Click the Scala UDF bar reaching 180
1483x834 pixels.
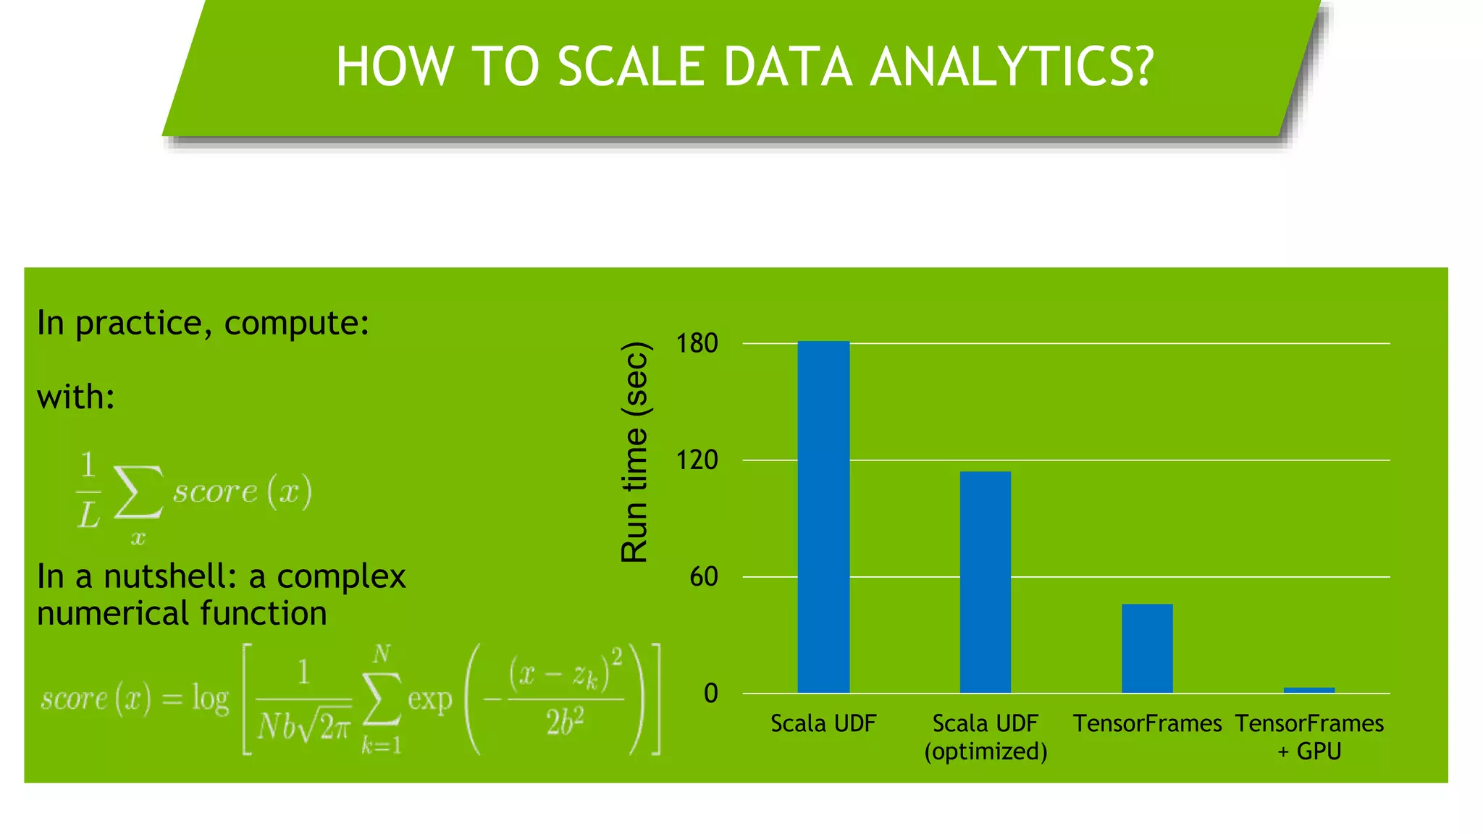tap(823, 517)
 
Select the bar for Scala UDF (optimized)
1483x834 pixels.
tap(985, 582)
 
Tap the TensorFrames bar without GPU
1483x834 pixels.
tap(1147, 648)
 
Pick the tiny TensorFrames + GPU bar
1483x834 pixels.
tap(1308, 690)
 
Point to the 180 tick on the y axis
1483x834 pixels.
tap(697, 343)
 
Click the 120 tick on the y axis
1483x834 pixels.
tap(697, 460)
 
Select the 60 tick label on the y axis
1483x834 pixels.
tap(703, 577)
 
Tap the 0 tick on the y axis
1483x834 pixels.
tap(710, 694)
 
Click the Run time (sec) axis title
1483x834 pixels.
tap(635, 452)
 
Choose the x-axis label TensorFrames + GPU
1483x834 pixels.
tap(1309, 737)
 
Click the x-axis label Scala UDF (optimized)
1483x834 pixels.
tap(986, 737)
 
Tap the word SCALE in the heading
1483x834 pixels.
tap(630, 67)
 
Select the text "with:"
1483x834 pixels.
tap(76, 397)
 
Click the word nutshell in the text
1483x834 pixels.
tap(170, 576)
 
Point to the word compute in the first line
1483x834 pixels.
tap(296, 323)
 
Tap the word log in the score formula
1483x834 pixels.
tap(210, 699)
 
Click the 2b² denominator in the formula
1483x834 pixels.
tap(565, 723)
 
